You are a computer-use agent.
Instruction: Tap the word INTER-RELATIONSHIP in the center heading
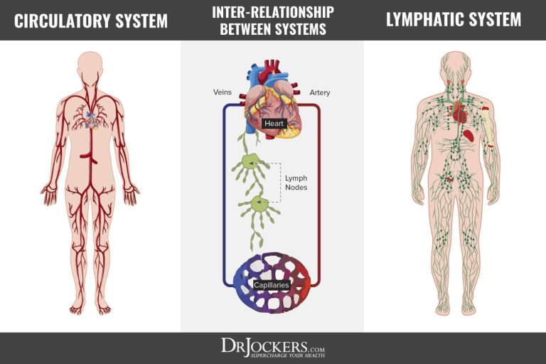click(272, 11)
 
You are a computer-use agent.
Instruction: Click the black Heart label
click(274, 124)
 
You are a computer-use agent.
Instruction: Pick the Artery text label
click(319, 93)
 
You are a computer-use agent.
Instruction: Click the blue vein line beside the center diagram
click(225, 192)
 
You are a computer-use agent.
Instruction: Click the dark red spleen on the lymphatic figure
click(470, 134)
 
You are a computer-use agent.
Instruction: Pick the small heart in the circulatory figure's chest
click(92, 122)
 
